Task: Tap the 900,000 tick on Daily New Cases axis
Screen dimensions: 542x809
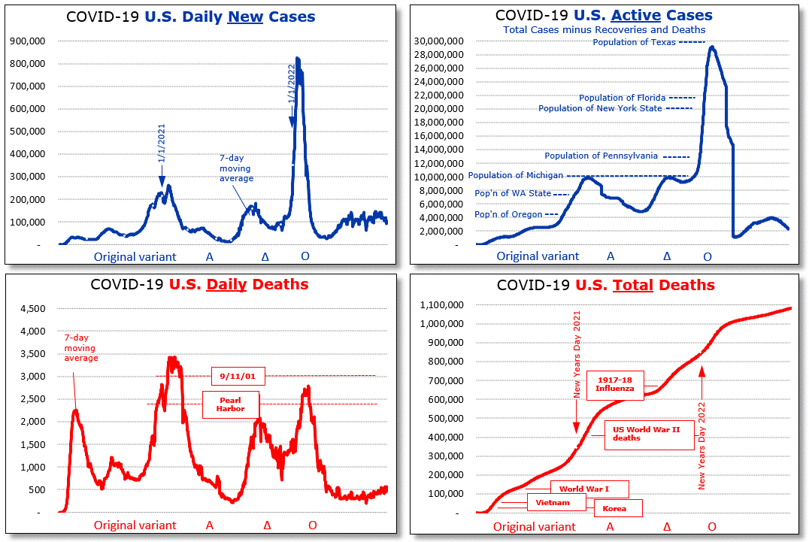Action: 29,41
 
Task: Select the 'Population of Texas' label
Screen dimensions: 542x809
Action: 634,42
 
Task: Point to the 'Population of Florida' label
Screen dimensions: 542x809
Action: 622,98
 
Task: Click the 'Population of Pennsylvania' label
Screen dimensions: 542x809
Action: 601,156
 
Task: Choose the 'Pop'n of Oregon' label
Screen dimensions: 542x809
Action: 508,214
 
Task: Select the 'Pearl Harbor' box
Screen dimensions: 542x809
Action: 230,404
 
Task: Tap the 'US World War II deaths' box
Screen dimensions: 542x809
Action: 649,434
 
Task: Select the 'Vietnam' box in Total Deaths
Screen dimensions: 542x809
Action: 552,502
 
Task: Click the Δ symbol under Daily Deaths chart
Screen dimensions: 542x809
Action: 266,525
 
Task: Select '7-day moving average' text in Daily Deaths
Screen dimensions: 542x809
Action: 80,348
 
